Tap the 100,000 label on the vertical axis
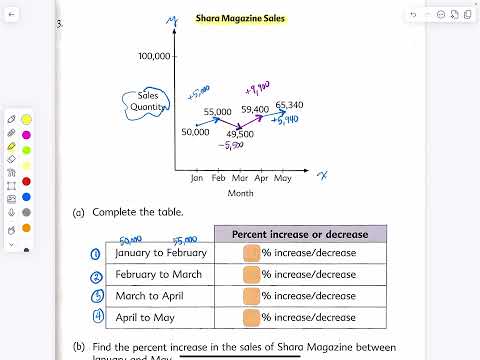coord(155,56)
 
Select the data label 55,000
coord(217,112)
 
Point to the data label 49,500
coord(239,133)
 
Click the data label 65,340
coord(289,104)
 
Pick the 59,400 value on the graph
coord(255,109)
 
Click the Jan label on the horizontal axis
coord(196,177)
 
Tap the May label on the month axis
coord(282,177)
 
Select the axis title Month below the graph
coord(240,193)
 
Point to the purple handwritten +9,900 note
coord(257,87)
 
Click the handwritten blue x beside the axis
coord(323,176)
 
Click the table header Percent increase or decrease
coord(300,234)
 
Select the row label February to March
coord(158,274)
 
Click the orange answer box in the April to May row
coord(250,317)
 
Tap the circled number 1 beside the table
coord(96,254)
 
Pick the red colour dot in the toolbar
coord(26,182)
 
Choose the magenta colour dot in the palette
coord(26,135)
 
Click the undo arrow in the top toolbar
coord(413,15)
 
